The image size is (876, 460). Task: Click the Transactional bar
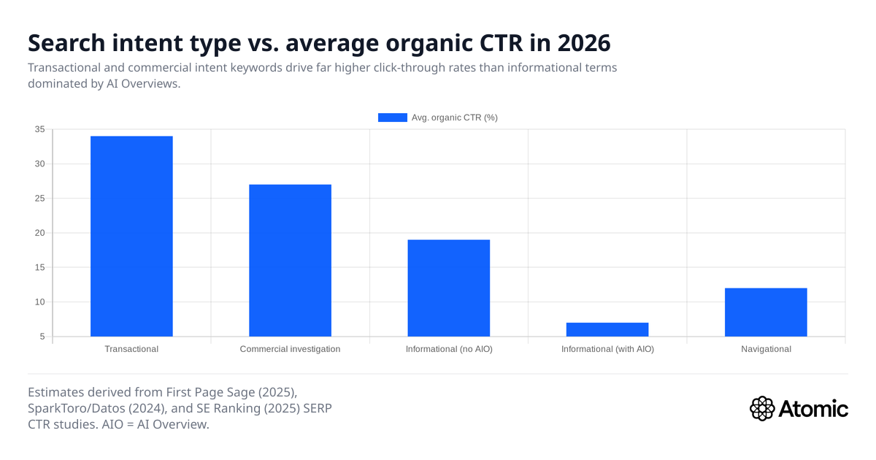[131, 236]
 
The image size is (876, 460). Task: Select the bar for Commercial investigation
[290, 260]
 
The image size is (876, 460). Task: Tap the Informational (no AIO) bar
[448, 288]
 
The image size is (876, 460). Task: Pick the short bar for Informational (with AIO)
[607, 329]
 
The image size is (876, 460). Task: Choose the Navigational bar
[765, 312]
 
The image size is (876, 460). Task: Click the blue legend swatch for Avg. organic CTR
[392, 118]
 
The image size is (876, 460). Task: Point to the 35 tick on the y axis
[39, 129]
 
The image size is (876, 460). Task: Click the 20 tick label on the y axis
[39, 233]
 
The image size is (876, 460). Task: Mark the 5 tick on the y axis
[42, 337]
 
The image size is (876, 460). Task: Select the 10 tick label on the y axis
[39, 302]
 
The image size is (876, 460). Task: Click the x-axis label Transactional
[131, 349]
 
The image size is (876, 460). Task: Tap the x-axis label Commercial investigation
[290, 349]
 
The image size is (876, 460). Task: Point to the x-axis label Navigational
[765, 349]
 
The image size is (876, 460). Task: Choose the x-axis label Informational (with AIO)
[607, 349]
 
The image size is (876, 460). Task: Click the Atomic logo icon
[762, 408]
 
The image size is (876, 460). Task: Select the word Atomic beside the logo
[814, 408]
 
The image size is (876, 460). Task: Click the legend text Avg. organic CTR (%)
[454, 118]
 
